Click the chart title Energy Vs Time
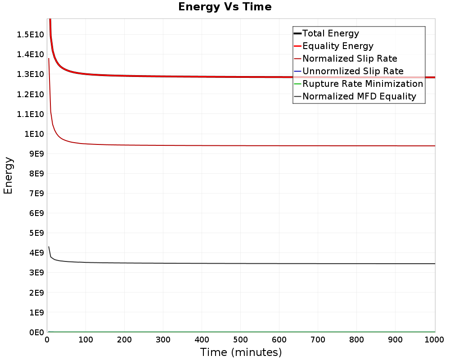coord(225,7)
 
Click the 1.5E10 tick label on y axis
coord(31,35)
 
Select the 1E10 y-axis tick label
coord(34,134)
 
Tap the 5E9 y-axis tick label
coord(36,233)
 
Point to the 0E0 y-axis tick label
coord(36,333)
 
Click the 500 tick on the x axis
coord(240,340)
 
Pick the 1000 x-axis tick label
coord(434,340)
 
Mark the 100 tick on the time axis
coord(85,340)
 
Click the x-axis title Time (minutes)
coord(241,352)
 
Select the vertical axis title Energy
coord(8,175)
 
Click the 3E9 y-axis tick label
coord(36,273)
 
